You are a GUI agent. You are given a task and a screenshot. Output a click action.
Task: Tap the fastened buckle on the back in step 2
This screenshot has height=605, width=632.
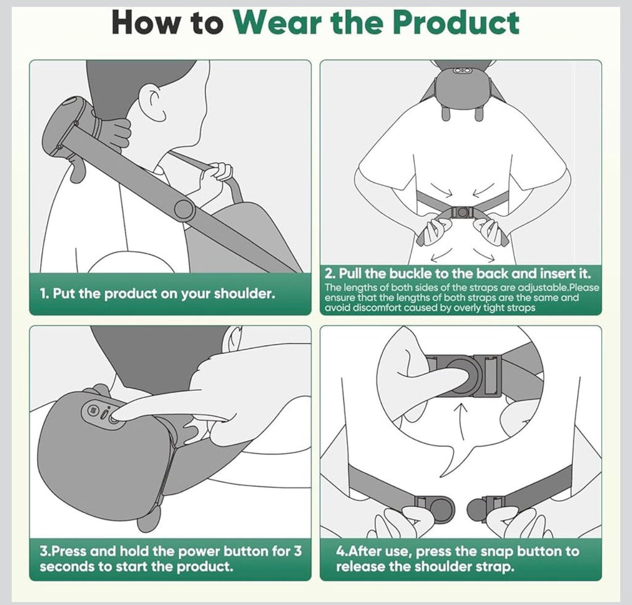point(461,212)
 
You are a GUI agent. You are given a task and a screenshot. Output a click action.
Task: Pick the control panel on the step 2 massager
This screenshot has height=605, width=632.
point(462,71)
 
